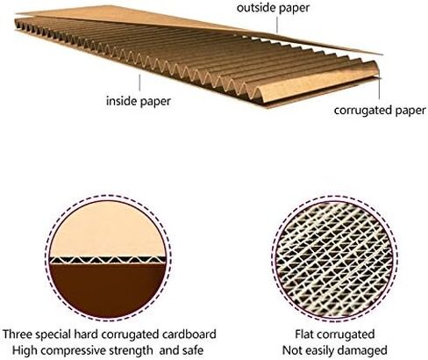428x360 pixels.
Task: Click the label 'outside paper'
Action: point(273,8)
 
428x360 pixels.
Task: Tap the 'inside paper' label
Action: point(139,101)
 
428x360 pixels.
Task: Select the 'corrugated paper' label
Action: point(380,111)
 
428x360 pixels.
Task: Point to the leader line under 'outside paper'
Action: point(276,24)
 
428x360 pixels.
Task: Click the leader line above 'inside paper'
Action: point(139,83)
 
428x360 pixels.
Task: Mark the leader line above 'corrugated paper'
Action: point(380,89)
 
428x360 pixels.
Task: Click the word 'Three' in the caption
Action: point(17,335)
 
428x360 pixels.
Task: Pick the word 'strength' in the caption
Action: point(130,350)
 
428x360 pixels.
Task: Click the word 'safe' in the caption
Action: point(193,350)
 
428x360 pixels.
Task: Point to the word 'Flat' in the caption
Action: point(303,335)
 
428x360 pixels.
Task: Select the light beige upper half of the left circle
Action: point(108,231)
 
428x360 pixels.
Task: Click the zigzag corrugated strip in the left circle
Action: point(108,260)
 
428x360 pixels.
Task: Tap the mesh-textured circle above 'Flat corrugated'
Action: point(335,259)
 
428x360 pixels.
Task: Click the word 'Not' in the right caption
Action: point(291,350)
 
